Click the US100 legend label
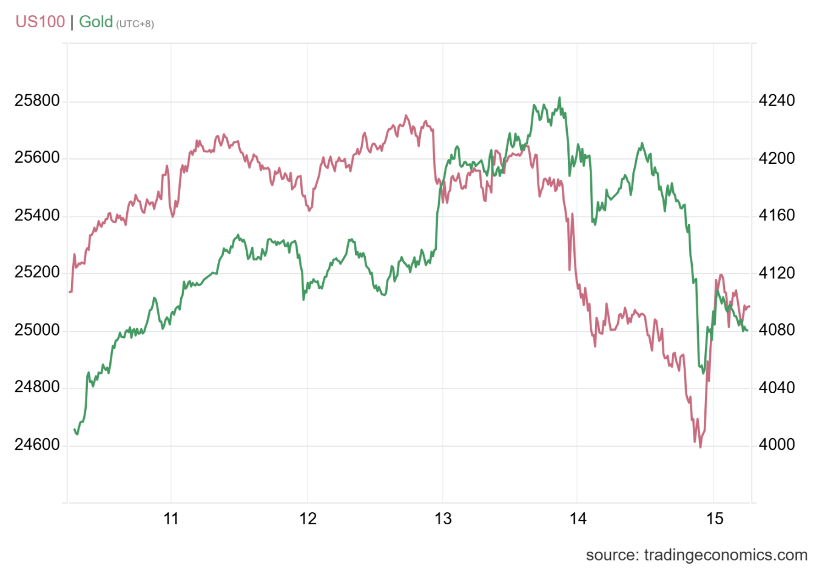[x=40, y=22]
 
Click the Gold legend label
[x=96, y=22]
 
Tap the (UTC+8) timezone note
[x=135, y=24]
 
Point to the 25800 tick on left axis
[x=38, y=101]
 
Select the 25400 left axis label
[x=38, y=215]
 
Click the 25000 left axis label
[x=38, y=330]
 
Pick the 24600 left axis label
[x=38, y=445]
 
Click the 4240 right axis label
[x=777, y=101]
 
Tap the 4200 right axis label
[x=777, y=158]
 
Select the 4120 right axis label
[x=777, y=273]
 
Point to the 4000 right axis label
[x=777, y=445]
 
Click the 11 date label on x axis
[x=172, y=519]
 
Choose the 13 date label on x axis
[x=443, y=519]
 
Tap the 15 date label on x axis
[x=715, y=519]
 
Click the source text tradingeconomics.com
[x=696, y=555]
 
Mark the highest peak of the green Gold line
[x=559, y=98]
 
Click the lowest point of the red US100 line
[x=700, y=447]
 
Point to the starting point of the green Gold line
[x=75, y=430]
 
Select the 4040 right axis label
[x=777, y=387]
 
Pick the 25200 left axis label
[x=38, y=273]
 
